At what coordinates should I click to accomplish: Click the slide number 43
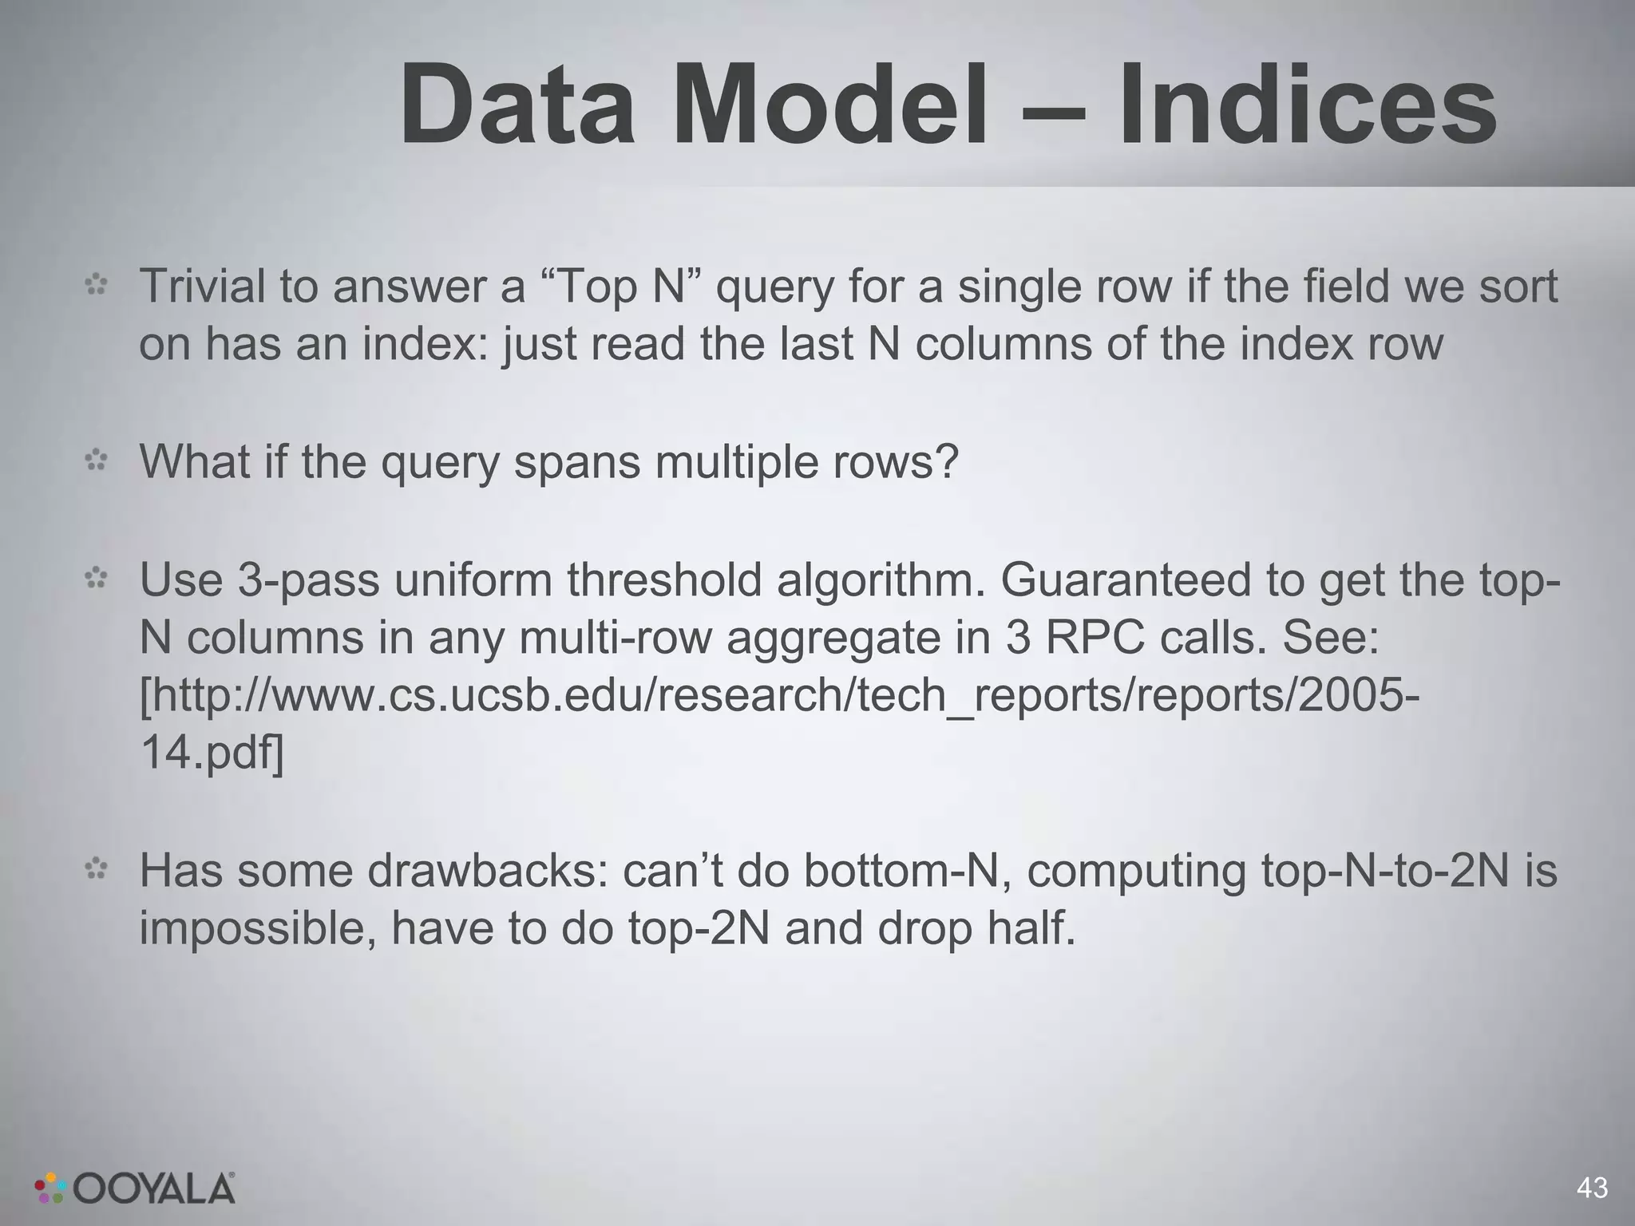1592,1188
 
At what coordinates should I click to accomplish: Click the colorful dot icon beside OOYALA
49,1188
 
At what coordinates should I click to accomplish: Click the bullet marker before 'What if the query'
97,461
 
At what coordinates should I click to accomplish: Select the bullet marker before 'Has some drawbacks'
97,869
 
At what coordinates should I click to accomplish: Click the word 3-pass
307,579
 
